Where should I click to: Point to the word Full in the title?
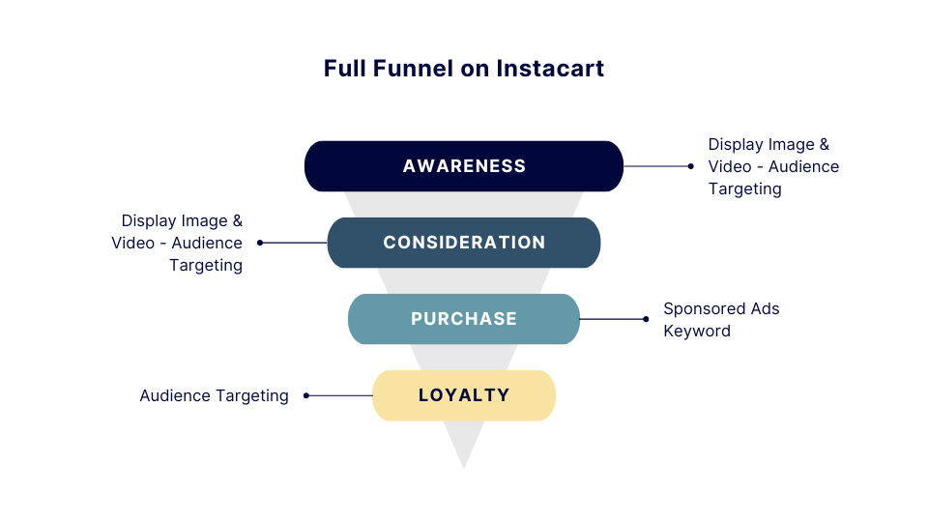tap(344, 69)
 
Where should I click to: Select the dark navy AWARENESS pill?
tap(464, 166)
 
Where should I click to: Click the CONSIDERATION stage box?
tap(464, 243)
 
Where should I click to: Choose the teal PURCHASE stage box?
tap(464, 319)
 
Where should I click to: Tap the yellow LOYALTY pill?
tap(464, 395)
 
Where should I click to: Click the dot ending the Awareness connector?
tap(690, 166)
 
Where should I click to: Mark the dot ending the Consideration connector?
tap(260, 243)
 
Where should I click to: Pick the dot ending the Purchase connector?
tap(646, 319)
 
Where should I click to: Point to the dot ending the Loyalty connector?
tap(306, 395)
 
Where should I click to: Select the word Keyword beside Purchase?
tap(696, 332)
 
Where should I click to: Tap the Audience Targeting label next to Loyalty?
tap(214, 395)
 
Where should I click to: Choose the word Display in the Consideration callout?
tap(148, 220)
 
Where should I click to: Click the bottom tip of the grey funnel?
tap(464, 466)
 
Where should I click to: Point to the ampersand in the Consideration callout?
tap(238, 220)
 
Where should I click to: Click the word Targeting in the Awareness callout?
tap(744, 189)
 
